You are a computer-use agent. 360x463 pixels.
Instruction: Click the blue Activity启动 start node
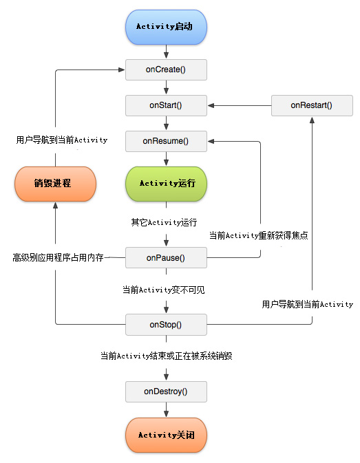pyautogui.click(x=166, y=26)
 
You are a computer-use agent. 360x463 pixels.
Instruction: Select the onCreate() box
pyautogui.click(x=166, y=69)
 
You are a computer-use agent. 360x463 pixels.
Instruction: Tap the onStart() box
pyautogui.click(x=166, y=105)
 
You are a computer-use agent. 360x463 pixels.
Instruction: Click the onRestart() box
pyautogui.click(x=311, y=105)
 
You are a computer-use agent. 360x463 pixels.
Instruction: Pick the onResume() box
pyautogui.click(x=166, y=142)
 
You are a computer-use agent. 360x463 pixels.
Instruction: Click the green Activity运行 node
pyautogui.click(x=166, y=184)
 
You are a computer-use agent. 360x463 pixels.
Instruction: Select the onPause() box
pyautogui.click(x=166, y=258)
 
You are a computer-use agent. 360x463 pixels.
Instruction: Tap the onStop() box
pyautogui.click(x=166, y=323)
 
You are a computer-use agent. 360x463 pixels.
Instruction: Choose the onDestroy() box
pyautogui.click(x=166, y=391)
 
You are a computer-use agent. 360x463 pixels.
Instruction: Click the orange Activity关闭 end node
pyautogui.click(x=166, y=435)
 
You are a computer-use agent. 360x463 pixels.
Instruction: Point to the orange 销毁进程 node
pyautogui.click(x=56, y=184)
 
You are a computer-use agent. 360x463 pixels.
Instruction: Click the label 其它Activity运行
pyautogui.click(x=164, y=222)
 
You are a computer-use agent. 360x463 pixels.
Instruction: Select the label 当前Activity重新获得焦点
pyautogui.click(x=259, y=235)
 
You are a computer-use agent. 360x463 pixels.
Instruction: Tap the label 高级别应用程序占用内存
pyautogui.click(x=58, y=257)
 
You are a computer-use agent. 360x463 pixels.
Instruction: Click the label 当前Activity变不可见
pyautogui.click(x=163, y=290)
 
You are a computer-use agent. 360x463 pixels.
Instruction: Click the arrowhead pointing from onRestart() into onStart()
pyautogui.click(x=211, y=105)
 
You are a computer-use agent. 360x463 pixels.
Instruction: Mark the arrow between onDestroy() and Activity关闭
pyautogui.click(x=166, y=410)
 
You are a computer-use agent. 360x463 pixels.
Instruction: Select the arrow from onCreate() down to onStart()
pyautogui.click(x=166, y=87)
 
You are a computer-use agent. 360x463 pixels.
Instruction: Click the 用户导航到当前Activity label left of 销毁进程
pyautogui.click(x=62, y=140)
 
